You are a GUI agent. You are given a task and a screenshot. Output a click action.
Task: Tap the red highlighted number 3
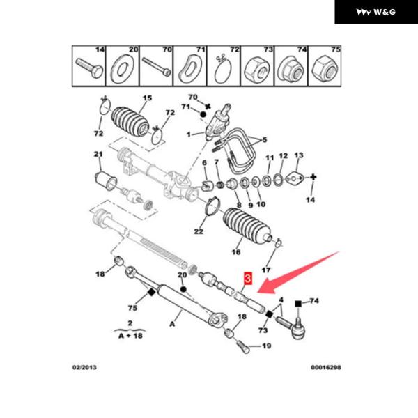(246, 281)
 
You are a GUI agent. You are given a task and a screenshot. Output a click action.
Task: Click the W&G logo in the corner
(376, 12)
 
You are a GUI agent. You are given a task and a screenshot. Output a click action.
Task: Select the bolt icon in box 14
(88, 67)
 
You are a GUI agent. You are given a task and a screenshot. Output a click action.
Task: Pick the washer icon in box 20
(121, 68)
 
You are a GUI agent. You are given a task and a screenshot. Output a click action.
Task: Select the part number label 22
(199, 231)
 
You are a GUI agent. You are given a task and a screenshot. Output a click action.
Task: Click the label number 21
(98, 154)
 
